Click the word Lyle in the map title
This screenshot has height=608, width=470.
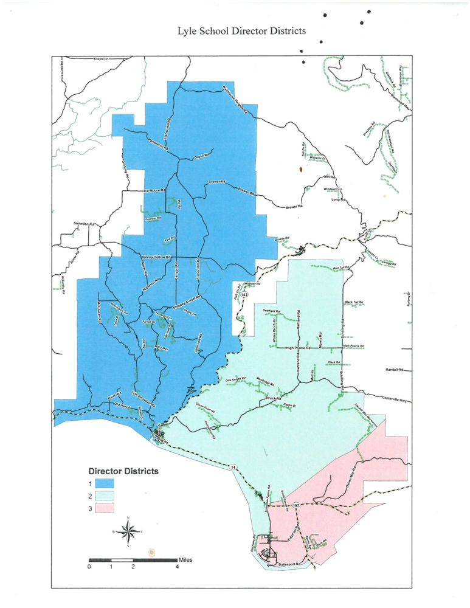(x=190, y=30)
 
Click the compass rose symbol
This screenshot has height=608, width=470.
(x=128, y=531)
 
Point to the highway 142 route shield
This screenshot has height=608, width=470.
(x=244, y=294)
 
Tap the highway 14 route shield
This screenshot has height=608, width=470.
(x=233, y=466)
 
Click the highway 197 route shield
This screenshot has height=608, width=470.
(x=295, y=505)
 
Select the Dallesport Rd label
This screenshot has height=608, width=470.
(x=289, y=564)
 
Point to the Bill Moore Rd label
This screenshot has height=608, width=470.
(x=154, y=191)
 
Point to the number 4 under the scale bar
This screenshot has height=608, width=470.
(x=177, y=567)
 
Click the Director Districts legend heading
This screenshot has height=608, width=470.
(x=123, y=471)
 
